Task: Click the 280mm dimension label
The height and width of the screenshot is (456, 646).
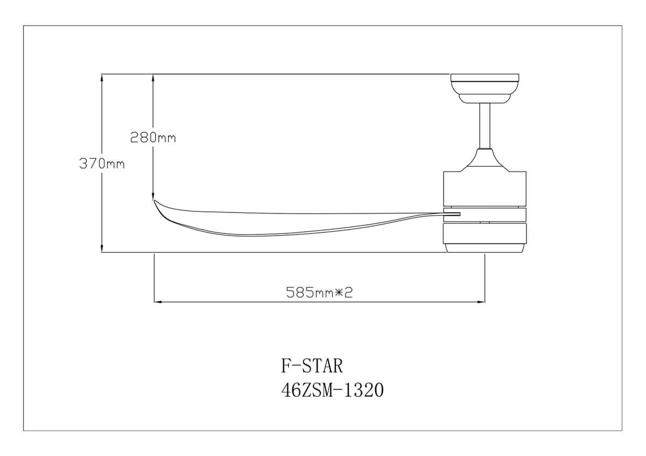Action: (153, 138)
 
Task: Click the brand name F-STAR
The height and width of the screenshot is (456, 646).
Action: (312, 366)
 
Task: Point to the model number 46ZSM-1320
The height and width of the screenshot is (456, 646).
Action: (332, 390)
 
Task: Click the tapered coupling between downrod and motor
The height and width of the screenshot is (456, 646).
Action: (484, 160)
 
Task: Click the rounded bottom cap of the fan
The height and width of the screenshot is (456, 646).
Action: (484, 248)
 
